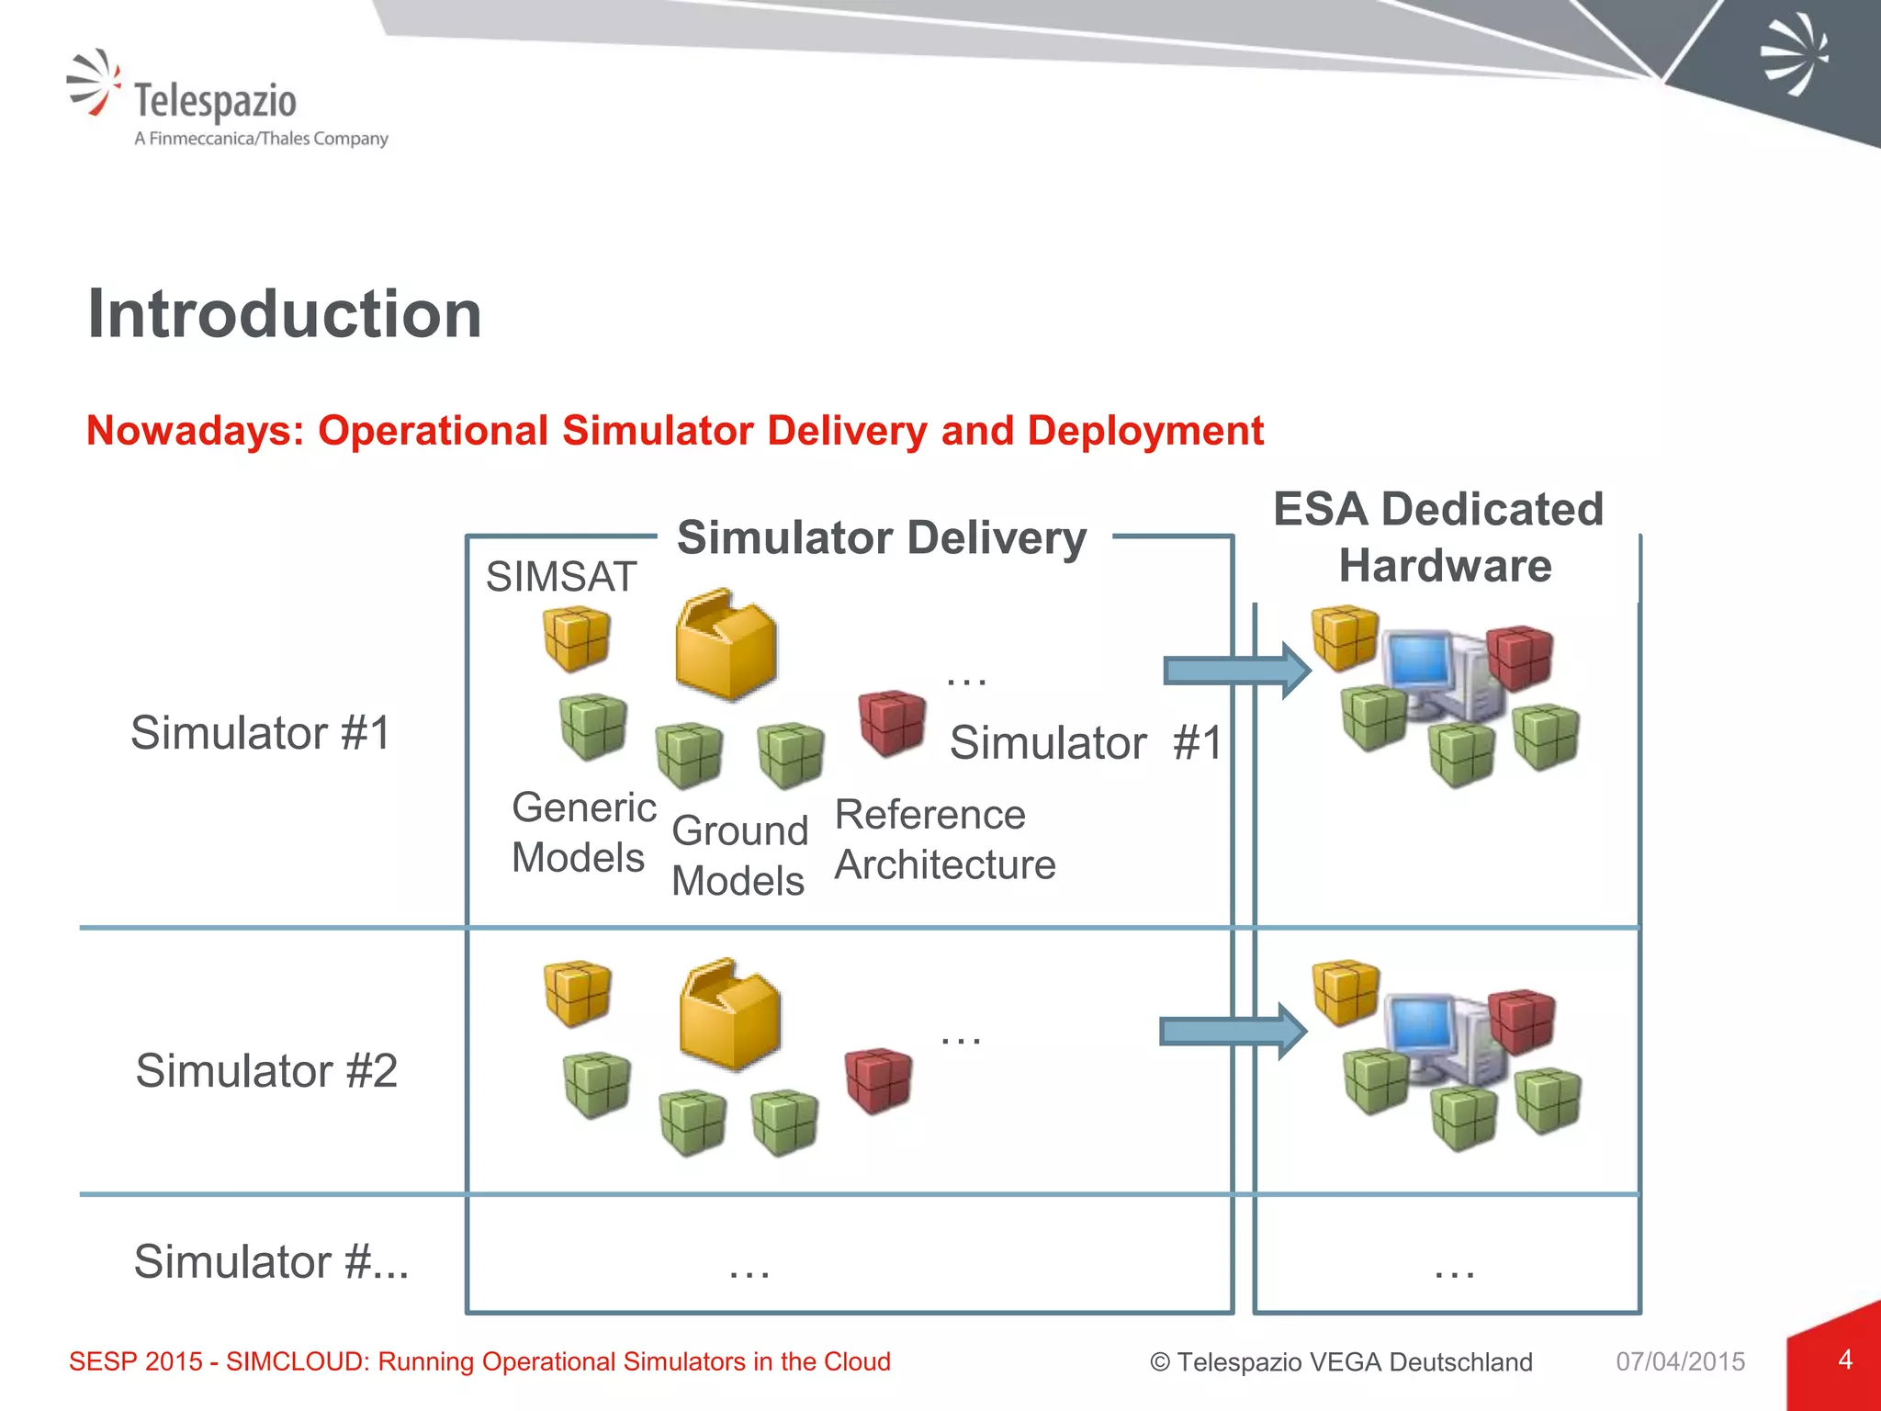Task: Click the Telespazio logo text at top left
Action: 215,101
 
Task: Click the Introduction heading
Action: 285,314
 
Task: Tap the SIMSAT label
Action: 560,577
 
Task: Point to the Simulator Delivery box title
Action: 882,538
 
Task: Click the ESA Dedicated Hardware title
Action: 1440,536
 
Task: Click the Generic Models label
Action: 582,832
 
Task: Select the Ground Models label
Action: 739,855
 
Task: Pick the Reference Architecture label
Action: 944,840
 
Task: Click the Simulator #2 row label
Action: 266,1071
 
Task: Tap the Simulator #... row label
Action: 271,1261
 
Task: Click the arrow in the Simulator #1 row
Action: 1236,671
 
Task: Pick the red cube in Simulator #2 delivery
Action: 878,1080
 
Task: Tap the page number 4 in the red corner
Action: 1845,1360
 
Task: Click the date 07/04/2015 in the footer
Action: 1680,1361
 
